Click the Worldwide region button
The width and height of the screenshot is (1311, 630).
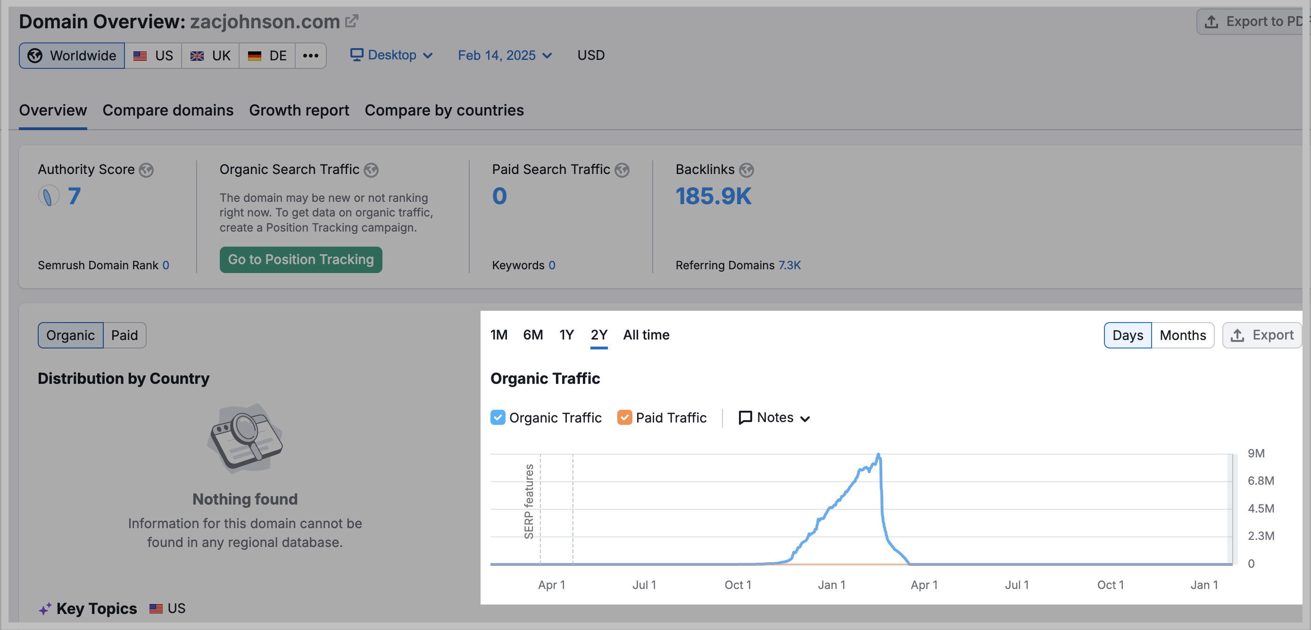72,56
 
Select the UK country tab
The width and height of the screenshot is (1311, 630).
210,56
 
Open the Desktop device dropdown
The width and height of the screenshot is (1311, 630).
391,55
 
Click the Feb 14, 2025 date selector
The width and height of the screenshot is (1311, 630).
504,55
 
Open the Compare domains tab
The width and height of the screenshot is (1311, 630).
167,110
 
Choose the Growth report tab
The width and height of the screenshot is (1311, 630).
299,110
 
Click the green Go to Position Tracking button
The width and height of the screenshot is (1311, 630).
301,259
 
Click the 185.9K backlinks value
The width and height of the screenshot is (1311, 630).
713,197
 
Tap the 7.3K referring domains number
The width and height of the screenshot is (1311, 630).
789,265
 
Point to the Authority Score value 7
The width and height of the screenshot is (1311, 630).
75,197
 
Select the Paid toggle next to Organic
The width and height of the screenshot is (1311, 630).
124,335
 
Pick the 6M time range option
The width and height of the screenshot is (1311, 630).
533,335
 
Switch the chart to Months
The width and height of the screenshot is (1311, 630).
1182,335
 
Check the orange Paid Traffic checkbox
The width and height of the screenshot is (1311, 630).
624,417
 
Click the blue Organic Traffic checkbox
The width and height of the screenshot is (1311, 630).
498,417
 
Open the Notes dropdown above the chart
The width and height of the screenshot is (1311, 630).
774,417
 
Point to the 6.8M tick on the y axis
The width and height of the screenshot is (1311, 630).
1261,481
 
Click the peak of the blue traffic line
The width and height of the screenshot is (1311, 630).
879,456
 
